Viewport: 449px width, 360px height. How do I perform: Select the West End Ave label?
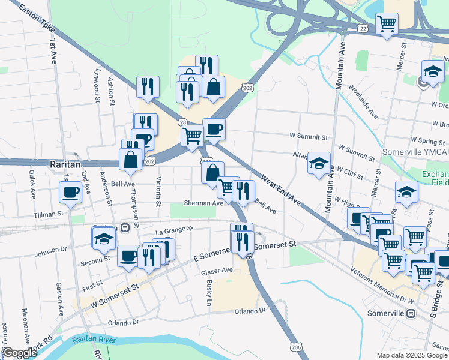point(280,193)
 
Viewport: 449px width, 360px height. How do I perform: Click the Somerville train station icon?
point(411,313)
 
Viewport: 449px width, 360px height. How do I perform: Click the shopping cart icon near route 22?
point(387,24)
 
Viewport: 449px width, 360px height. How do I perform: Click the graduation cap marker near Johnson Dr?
point(103,239)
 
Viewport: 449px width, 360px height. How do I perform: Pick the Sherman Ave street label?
point(203,203)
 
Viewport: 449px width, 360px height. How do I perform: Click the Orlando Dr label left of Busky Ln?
point(123,322)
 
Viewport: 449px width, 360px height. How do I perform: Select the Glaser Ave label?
point(217,270)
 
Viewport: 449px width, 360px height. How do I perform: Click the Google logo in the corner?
point(19,353)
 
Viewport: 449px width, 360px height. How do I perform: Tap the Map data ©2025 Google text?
point(412,355)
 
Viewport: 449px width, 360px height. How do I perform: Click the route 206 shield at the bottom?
point(296,347)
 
